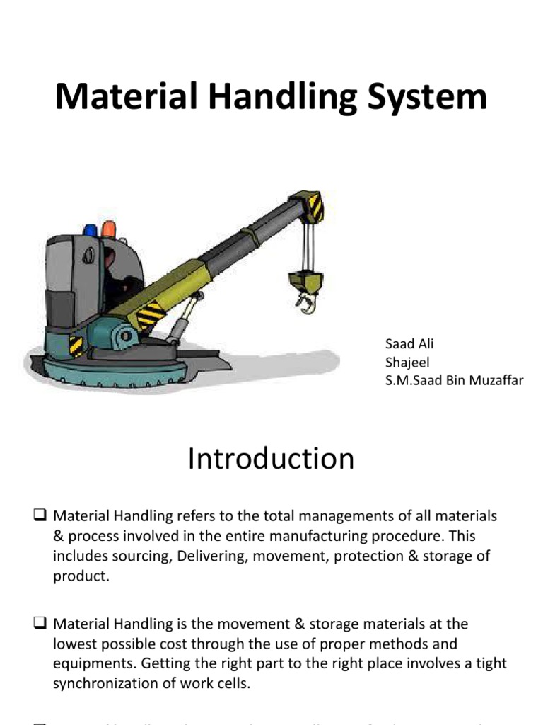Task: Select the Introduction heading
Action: tap(271, 459)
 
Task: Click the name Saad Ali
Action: tap(409, 344)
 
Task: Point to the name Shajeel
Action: tap(407, 362)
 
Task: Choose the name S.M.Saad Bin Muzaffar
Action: tap(454, 381)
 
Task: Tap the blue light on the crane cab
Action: tap(90, 231)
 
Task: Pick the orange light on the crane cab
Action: tap(108, 229)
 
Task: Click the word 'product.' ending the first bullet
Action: tap(81, 576)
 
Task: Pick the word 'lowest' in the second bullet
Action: tap(75, 644)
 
